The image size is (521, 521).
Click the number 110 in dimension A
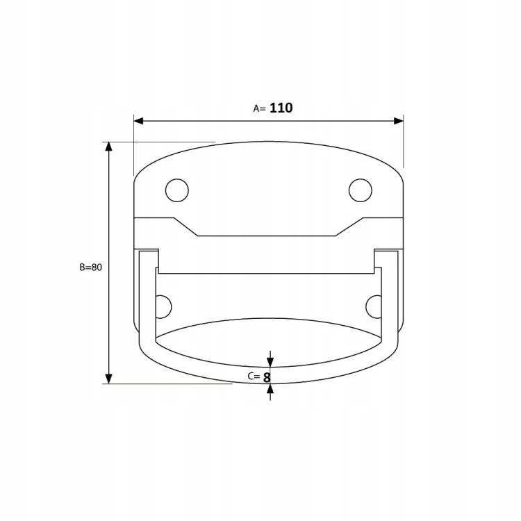(x=281, y=108)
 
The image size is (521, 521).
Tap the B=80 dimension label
(x=91, y=267)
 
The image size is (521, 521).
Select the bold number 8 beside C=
(x=267, y=378)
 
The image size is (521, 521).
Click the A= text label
(x=260, y=108)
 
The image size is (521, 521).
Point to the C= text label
(x=254, y=376)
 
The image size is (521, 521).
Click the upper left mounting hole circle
(x=177, y=190)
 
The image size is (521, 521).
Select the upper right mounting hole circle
(x=361, y=190)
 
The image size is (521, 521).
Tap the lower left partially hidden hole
(x=164, y=306)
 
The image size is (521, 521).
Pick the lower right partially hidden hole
(x=374, y=306)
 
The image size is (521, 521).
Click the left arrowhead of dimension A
(x=138, y=121)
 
